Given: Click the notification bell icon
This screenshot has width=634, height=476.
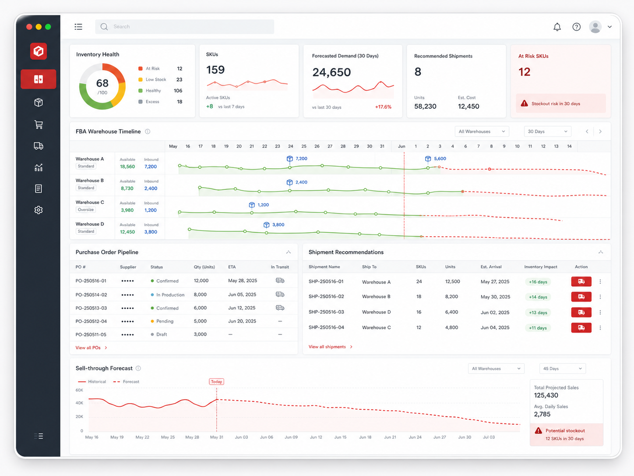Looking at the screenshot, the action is click(x=557, y=27).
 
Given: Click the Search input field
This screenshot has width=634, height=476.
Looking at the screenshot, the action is click(x=185, y=27).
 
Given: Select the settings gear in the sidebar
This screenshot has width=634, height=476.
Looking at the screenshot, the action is click(x=39, y=210).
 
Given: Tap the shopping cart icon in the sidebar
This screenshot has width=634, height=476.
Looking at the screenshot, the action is click(x=39, y=124).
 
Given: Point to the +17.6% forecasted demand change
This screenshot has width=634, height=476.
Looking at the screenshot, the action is click(x=383, y=107).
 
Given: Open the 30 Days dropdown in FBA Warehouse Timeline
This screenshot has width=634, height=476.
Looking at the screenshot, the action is click(x=547, y=131).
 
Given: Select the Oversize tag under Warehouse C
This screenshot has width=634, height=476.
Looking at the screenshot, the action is click(x=85, y=210).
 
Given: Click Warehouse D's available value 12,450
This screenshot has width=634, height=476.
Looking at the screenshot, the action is click(x=127, y=232).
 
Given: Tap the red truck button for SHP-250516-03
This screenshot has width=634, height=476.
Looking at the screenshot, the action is click(x=581, y=313).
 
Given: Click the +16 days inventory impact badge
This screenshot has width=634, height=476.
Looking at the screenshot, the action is click(x=538, y=282).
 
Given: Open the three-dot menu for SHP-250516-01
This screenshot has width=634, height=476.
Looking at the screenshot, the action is click(x=600, y=281).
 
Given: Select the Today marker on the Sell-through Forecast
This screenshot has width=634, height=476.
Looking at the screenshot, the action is click(x=216, y=381).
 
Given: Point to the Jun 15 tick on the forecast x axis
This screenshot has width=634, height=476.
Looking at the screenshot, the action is click(x=340, y=437).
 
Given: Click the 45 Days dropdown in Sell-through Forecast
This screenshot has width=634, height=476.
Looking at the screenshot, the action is click(x=562, y=369).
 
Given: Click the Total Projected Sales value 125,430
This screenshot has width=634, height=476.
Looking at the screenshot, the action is click(x=546, y=395).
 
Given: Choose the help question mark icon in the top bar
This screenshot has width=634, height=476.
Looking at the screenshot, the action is click(x=577, y=27).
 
